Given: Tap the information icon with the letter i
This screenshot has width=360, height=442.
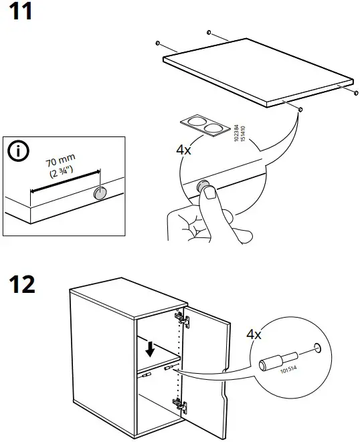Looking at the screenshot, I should [18, 152].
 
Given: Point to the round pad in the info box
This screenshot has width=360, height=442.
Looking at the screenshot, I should [100, 193].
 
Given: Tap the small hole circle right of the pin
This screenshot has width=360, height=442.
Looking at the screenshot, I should [317, 348].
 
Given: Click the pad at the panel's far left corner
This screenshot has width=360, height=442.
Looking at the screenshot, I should [157, 43].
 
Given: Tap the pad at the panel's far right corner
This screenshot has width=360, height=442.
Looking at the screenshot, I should [353, 94].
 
